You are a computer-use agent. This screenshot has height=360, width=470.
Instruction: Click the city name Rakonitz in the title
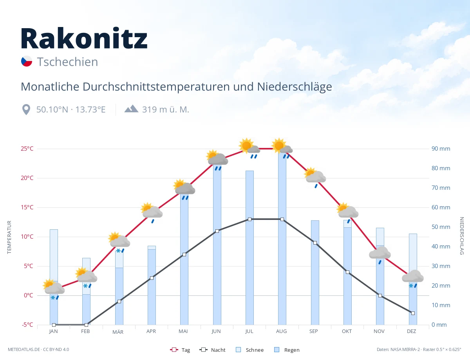[x=84, y=38]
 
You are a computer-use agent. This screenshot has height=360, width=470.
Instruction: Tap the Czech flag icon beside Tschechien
[x=27, y=61]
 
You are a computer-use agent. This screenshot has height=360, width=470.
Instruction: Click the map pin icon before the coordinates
[x=26, y=110]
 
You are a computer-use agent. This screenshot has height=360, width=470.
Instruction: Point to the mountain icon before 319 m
[x=131, y=109]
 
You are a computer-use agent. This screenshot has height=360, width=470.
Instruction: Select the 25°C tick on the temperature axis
[x=27, y=149]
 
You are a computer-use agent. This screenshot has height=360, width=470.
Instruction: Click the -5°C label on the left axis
[x=27, y=324]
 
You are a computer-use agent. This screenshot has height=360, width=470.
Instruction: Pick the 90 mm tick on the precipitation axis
[x=441, y=149]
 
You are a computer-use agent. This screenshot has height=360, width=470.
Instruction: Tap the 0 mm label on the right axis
[x=439, y=324]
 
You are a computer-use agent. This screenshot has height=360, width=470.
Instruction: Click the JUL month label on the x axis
[x=249, y=331]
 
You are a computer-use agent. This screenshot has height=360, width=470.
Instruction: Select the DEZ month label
[x=411, y=331]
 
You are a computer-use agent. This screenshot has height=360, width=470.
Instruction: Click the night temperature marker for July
[x=249, y=220]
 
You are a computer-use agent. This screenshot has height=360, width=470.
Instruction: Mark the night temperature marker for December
[x=413, y=313]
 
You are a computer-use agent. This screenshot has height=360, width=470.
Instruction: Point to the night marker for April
[x=152, y=278]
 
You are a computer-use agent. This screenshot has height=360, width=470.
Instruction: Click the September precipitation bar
[x=315, y=272]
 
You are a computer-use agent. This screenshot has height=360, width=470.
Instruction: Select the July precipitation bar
[x=249, y=248]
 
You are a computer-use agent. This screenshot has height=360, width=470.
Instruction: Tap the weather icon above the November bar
[x=380, y=255]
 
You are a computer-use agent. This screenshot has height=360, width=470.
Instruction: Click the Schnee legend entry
[x=250, y=350]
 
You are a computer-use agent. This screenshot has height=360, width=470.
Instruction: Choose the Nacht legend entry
[x=212, y=350]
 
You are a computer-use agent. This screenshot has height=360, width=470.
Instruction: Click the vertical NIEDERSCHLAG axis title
[x=462, y=236]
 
